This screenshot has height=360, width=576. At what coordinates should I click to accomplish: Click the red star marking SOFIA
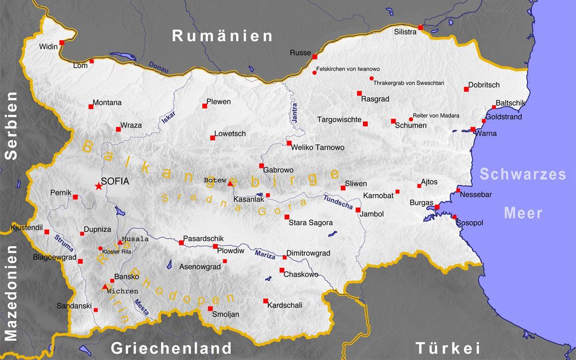point(98,186)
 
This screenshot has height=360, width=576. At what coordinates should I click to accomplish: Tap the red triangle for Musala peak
point(120,242)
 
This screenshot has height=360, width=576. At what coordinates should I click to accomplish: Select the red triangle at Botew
point(230,183)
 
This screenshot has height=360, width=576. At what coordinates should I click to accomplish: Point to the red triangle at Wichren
point(105,287)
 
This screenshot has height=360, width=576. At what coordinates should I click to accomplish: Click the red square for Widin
point(61,43)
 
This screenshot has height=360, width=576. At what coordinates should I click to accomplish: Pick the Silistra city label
point(405,32)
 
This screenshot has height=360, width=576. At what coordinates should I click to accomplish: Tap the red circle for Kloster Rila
point(100,248)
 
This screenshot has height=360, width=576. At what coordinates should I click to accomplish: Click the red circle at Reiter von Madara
point(411,119)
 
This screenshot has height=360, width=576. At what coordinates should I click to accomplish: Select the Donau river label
point(158,67)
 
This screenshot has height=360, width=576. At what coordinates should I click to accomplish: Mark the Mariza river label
point(265,254)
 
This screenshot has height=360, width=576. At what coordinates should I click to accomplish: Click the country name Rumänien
point(223,36)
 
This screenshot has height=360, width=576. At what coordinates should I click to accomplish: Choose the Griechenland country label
point(171,348)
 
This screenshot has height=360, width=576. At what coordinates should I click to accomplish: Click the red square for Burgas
point(437,207)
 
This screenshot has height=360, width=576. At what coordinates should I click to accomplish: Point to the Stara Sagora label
point(311,223)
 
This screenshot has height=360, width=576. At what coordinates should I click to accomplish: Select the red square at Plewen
point(204,106)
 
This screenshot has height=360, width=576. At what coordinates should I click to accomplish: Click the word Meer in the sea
point(523,213)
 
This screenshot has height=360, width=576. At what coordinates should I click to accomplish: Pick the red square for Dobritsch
point(466,89)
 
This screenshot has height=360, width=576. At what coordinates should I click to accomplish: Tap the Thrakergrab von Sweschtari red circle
point(372,78)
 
